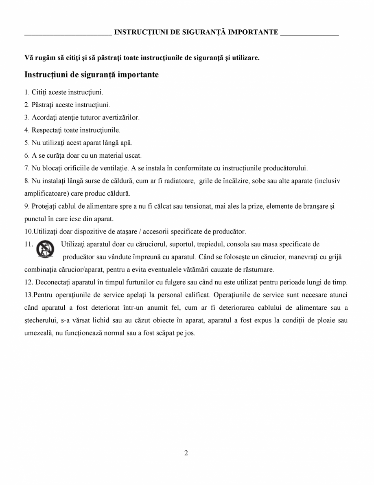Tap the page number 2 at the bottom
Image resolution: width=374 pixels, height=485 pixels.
pos(186,453)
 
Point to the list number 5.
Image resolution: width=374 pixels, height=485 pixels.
pos(26,143)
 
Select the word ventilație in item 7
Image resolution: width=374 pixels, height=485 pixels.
pos(114,168)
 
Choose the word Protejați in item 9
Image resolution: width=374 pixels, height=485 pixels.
pos(46,207)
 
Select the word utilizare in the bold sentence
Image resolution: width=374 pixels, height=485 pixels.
pos(245,57)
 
